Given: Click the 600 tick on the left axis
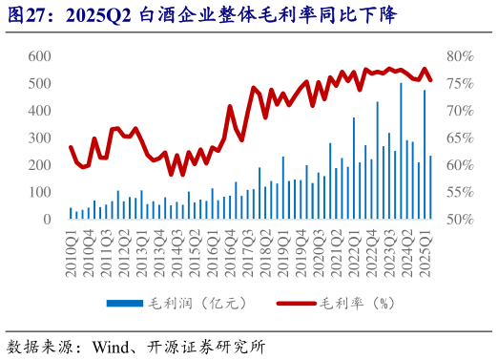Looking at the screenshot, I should [x=38, y=56].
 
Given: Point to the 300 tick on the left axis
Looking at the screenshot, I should [x=38, y=138].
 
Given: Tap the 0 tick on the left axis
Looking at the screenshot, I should [x=46, y=220].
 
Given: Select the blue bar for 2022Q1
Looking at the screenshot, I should [x=354, y=169].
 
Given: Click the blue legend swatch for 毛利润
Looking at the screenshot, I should [x=124, y=304].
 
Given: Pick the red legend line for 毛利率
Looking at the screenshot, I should [x=296, y=304].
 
